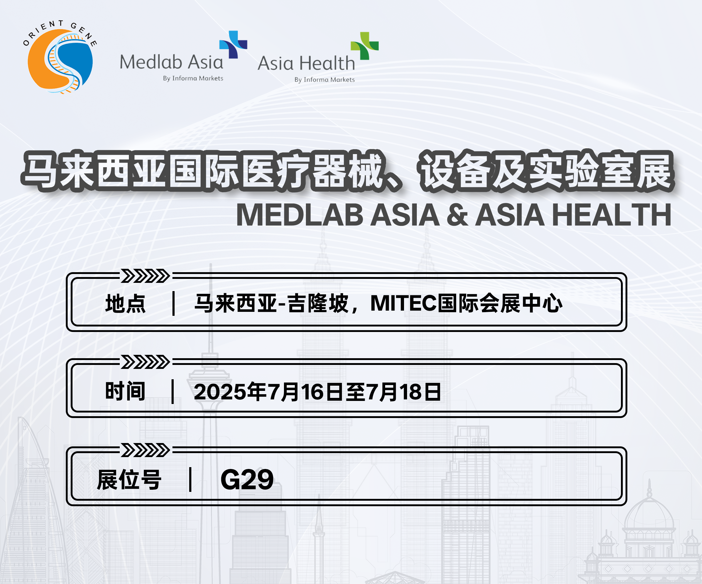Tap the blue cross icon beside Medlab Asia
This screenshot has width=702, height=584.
[x=233, y=45]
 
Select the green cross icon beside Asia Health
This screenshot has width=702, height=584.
[x=364, y=46]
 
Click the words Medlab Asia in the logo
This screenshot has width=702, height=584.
[x=171, y=62]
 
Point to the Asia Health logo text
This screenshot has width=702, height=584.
[x=306, y=63]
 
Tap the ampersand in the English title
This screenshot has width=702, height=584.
[x=457, y=215]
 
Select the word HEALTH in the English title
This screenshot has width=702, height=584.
[x=612, y=215]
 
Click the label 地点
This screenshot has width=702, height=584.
[x=125, y=304]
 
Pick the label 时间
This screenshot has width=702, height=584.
[x=125, y=391]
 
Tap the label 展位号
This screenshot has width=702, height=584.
[x=129, y=480]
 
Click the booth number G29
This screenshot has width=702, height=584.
[x=247, y=480]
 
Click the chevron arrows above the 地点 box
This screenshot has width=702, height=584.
[x=145, y=276]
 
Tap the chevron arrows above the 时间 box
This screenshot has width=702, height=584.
[x=145, y=362]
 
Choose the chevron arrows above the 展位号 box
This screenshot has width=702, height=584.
[x=145, y=450]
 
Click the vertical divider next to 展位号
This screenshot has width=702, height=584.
[x=190, y=480]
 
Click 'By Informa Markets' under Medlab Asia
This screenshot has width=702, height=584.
[x=193, y=78]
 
